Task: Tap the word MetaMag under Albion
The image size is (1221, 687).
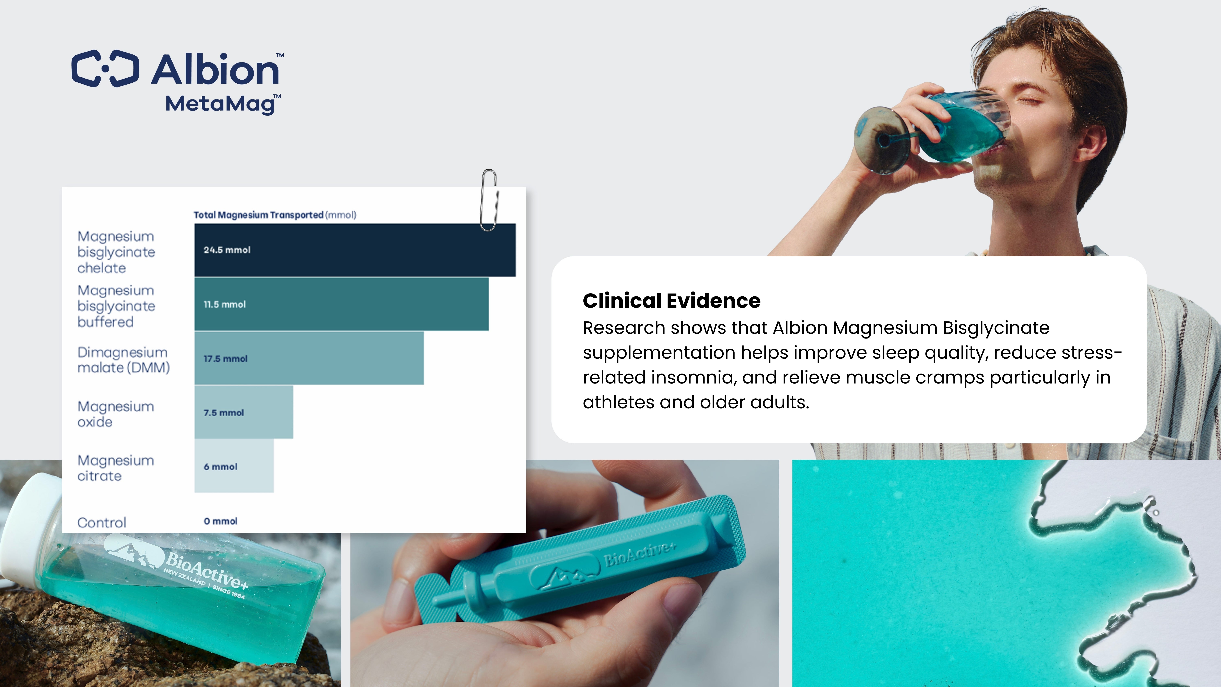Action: [x=220, y=104]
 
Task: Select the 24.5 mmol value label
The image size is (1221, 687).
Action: [x=227, y=250]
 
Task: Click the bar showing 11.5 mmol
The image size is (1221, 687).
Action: [x=341, y=304]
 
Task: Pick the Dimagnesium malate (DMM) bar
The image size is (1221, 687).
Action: [x=309, y=358]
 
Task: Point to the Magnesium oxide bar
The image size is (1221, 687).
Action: [x=244, y=412]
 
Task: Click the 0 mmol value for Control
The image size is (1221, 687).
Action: [x=220, y=521]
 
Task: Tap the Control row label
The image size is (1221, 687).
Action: [x=102, y=523]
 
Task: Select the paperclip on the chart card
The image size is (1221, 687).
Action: [x=489, y=200]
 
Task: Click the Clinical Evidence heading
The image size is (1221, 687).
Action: [x=672, y=301]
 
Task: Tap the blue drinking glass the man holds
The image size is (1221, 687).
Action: [x=931, y=129]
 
